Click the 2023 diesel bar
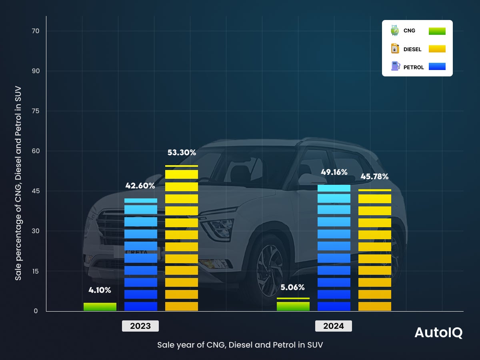point(182,238)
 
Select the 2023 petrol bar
point(140,255)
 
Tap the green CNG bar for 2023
point(100,307)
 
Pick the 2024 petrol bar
point(334,248)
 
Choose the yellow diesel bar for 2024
point(375,250)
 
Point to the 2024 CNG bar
point(293,305)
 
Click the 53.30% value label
point(182,152)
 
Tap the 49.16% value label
point(334,172)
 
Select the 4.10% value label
point(100,290)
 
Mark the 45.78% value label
point(374,176)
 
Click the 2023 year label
point(140,326)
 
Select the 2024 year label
point(334,326)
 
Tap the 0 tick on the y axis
point(36,311)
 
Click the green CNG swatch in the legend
point(437,31)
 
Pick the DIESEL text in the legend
point(412,50)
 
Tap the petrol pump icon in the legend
point(395,66)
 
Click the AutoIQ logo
point(438,333)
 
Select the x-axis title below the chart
point(240,345)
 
